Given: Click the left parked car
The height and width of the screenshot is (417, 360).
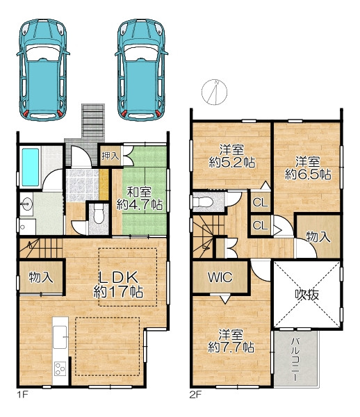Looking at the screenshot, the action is (x=43, y=69).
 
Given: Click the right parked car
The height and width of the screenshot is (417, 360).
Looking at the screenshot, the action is (x=141, y=69).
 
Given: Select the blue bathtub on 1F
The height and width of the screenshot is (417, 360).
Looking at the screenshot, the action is (x=31, y=167).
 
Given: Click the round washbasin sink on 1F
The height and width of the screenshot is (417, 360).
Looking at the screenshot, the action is (x=26, y=204).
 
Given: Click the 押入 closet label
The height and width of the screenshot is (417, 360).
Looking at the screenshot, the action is (x=111, y=156).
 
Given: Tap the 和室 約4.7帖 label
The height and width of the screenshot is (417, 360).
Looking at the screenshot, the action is (x=140, y=198).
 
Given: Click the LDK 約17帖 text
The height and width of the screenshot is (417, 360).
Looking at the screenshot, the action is (x=118, y=284).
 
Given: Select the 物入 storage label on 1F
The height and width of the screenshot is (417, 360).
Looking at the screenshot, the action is (x=41, y=277).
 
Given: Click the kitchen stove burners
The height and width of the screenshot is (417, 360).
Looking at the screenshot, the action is (x=60, y=368).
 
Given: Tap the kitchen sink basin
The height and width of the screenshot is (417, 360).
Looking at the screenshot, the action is (x=60, y=337).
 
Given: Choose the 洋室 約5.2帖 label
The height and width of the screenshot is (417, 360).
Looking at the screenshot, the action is (x=232, y=156).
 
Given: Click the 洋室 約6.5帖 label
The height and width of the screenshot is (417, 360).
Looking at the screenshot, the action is (x=308, y=168).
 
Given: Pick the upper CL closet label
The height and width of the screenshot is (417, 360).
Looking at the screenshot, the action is (x=261, y=203).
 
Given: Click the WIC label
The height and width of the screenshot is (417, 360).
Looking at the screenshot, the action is (x=220, y=277).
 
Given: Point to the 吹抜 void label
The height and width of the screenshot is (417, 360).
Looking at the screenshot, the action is (x=307, y=295).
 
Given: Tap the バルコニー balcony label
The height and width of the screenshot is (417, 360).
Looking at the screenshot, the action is (x=295, y=359).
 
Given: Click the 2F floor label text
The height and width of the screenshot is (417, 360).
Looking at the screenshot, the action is (x=195, y=395).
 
